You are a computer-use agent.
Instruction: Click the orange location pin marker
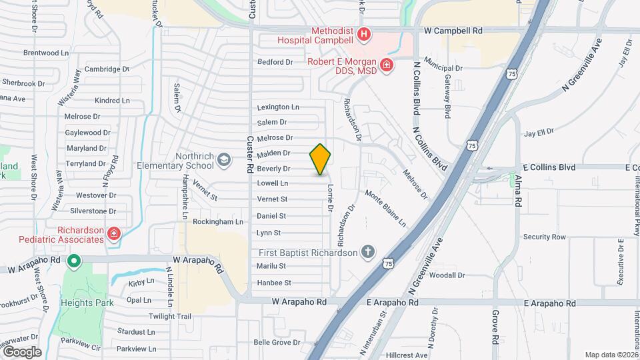(x=321, y=159)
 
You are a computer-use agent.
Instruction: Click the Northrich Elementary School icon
(x=224, y=159)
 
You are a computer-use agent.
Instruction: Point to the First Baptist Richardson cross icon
(x=367, y=252)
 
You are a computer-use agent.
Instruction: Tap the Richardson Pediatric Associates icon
(x=114, y=233)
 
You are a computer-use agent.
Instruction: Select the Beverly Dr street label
(x=273, y=169)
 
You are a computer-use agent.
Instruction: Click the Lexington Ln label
(x=278, y=107)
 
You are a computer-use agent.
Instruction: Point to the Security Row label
(x=545, y=237)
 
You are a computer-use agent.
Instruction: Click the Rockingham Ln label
(x=218, y=221)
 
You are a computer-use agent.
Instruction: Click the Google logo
(x=22, y=352)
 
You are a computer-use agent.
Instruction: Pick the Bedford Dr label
(x=275, y=62)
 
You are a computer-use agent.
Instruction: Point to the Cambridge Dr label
(x=106, y=69)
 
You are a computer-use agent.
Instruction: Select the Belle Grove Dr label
(x=277, y=343)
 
